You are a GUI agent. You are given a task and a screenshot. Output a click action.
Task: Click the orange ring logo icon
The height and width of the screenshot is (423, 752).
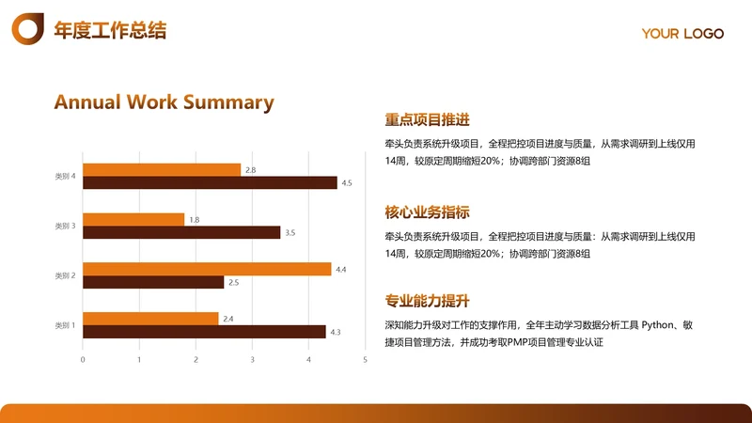click(x=27, y=29)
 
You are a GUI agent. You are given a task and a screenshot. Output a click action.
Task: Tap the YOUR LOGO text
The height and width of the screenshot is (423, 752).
click(x=682, y=34)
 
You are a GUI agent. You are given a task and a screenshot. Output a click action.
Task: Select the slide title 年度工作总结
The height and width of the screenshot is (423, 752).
click(x=110, y=30)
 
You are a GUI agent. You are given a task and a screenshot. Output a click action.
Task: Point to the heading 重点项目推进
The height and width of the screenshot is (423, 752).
click(x=427, y=120)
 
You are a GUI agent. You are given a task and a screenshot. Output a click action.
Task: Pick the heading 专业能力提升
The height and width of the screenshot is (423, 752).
click(x=427, y=301)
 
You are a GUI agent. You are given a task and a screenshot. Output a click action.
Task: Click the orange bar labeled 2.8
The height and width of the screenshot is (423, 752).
click(x=162, y=170)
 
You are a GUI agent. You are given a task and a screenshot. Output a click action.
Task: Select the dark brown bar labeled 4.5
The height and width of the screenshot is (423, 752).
click(x=210, y=183)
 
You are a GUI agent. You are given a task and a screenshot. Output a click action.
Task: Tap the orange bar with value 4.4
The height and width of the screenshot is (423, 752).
click(x=207, y=269)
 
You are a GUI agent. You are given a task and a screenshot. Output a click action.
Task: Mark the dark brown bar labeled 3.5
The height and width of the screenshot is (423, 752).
click(x=181, y=232)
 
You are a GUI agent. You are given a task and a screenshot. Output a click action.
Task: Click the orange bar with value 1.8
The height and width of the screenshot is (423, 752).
click(x=133, y=219)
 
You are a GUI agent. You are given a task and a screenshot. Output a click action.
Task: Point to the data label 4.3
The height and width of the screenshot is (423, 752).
click(x=336, y=332)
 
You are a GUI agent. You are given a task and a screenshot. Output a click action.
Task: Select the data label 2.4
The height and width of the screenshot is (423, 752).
click(x=227, y=319)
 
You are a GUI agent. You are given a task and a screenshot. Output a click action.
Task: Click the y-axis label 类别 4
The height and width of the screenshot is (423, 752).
click(x=65, y=177)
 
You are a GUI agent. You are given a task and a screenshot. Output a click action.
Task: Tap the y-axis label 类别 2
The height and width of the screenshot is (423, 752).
click(x=65, y=275)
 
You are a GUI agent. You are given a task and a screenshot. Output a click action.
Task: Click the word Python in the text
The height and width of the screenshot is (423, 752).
click(x=658, y=324)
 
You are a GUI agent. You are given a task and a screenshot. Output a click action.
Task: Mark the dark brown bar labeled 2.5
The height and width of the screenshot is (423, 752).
click(x=153, y=282)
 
